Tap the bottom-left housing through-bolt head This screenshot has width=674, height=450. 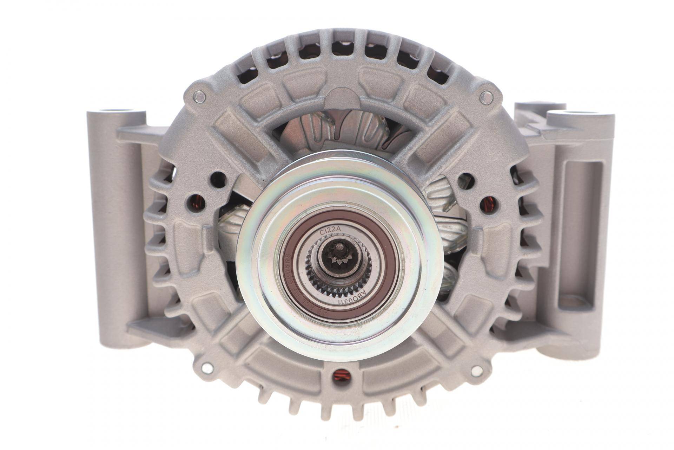click(208, 368)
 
